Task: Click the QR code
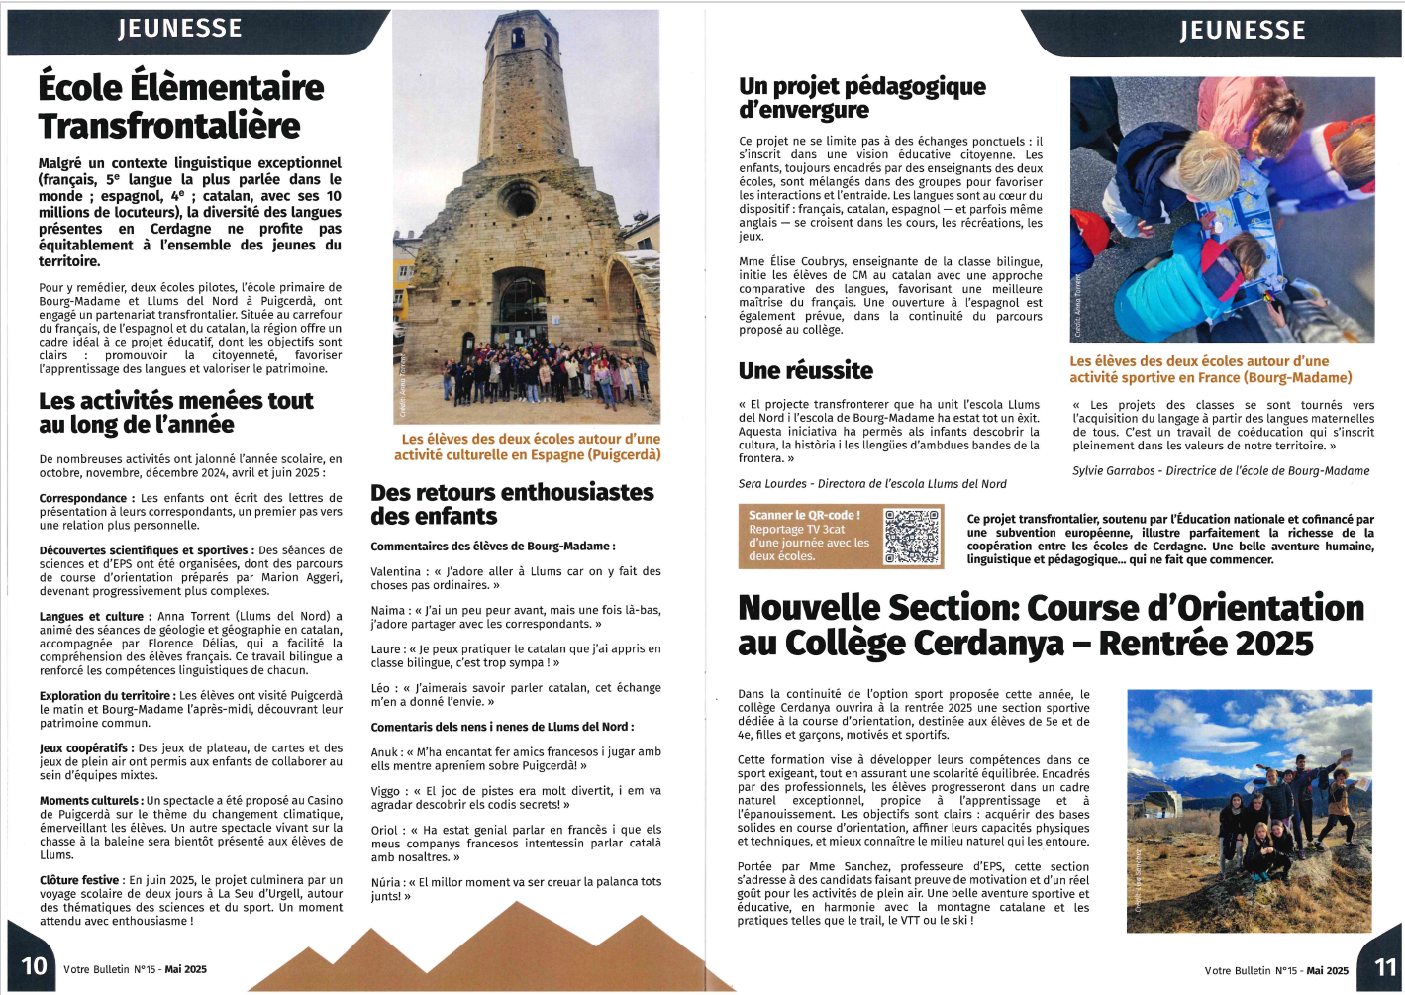click(x=911, y=537)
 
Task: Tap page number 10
click(x=34, y=966)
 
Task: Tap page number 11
click(x=1385, y=967)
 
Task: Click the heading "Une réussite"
click(x=805, y=371)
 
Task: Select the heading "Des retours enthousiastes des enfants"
click(x=512, y=504)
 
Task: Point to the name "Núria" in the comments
click(x=385, y=882)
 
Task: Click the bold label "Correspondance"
click(x=83, y=498)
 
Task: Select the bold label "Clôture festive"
click(x=79, y=880)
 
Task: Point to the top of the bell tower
click(x=519, y=30)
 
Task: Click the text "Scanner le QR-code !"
click(x=804, y=515)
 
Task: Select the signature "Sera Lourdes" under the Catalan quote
click(x=771, y=484)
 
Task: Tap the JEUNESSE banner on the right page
click(x=1242, y=30)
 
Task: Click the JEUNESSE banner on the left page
click(x=179, y=28)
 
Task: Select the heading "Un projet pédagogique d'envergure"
click(x=861, y=98)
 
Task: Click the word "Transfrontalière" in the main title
click(x=169, y=126)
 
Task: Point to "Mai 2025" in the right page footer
click(x=1327, y=971)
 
